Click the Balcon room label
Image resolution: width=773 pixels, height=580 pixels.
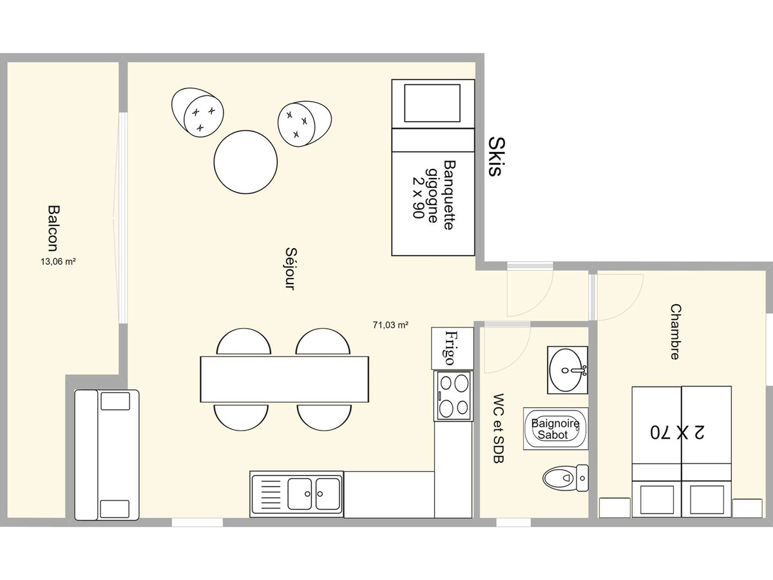click(53, 228)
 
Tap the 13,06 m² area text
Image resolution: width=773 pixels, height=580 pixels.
click(58, 262)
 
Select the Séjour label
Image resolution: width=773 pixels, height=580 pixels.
click(291, 269)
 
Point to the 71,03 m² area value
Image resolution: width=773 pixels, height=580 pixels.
click(390, 325)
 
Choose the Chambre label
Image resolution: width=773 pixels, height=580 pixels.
click(675, 332)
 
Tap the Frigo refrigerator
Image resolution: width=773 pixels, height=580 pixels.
click(453, 348)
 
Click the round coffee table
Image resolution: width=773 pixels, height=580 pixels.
click(245, 162)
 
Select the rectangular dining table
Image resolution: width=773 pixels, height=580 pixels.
click(285, 380)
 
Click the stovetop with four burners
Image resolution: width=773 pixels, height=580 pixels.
click(453, 396)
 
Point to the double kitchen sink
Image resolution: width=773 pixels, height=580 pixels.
click(296, 494)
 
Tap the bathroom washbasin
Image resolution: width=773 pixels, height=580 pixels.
click(568, 370)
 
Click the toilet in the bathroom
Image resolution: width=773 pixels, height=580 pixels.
click(566, 478)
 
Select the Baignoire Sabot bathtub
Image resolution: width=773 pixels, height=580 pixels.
click(555, 429)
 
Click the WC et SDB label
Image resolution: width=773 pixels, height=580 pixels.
click(499, 428)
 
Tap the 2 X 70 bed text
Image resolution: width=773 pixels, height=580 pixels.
click(677, 432)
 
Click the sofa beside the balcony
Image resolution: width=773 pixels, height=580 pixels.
click(107, 454)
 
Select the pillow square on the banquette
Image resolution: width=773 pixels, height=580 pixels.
click(432, 103)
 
